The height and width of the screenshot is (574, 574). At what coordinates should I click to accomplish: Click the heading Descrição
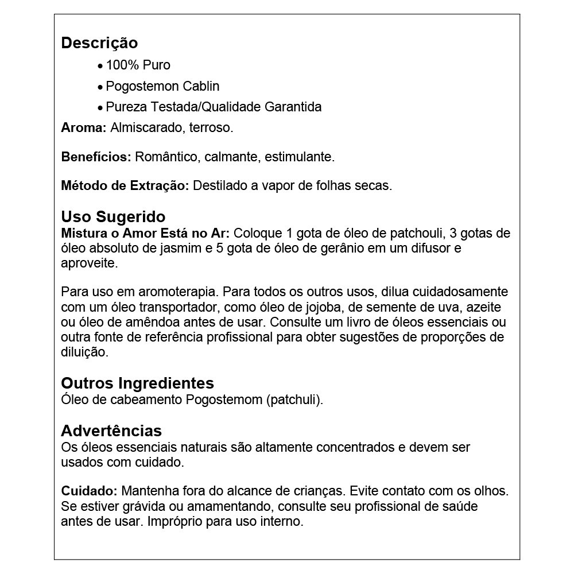(99, 43)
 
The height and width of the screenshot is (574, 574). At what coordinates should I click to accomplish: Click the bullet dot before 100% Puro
(100, 67)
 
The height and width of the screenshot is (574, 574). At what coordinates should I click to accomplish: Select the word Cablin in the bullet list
(201, 87)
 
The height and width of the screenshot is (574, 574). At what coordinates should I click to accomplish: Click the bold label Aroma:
(84, 128)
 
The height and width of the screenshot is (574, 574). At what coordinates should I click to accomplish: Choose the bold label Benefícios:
(96, 157)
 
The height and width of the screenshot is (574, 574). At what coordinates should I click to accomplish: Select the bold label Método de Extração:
(125, 186)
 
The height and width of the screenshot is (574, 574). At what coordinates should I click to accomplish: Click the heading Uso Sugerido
(113, 217)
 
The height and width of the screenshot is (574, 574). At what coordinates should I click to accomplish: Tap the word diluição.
(84, 352)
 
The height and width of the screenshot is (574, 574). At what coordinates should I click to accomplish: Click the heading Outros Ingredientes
(137, 383)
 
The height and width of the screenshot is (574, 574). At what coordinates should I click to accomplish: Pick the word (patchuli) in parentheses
(294, 400)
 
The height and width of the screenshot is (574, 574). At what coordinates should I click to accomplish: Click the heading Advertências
(111, 430)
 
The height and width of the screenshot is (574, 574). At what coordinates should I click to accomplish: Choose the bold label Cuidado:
(89, 492)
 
